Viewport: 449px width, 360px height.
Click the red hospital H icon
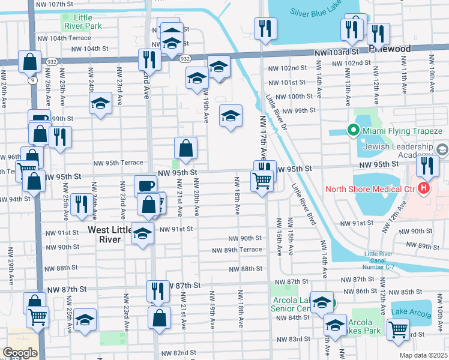[x=424, y=188]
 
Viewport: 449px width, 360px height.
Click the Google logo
[x=20, y=352]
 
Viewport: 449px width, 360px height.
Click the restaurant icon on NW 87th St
[x=157, y=291]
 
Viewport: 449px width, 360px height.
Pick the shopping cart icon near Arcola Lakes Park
[x=397, y=329]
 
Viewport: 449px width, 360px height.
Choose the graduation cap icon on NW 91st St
[x=142, y=233]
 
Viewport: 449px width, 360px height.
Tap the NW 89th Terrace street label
[x=236, y=250]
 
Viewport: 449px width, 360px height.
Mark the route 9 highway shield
[x=29, y=77]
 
